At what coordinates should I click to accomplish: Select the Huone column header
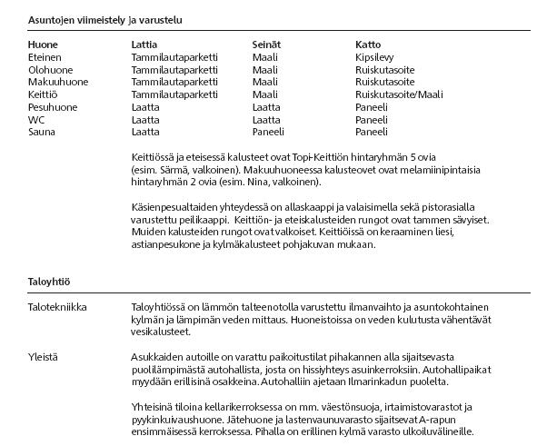pos(43,44)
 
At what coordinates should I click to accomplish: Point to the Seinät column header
pos(266,44)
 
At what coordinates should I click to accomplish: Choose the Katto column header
pos(368,44)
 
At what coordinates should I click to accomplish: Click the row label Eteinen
pos(45,56)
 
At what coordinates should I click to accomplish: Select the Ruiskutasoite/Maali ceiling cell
pos(399,94)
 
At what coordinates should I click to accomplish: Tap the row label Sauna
pos(42,133)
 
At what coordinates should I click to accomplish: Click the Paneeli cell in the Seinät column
pos(268,133)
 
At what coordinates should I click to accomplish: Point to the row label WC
pos(36,120)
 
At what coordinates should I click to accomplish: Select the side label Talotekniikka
pos(57,307)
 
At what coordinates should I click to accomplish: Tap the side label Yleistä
pos(43,357)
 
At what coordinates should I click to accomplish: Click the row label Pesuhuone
pos(53,107)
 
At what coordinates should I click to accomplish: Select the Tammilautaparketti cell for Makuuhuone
pos(174,82)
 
